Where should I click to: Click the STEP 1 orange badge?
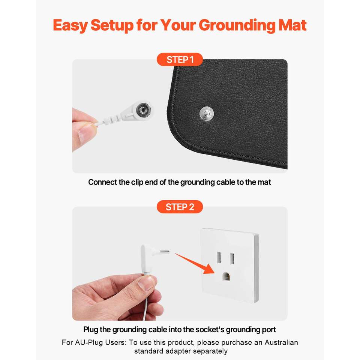[180, 60]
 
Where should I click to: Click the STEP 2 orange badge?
[180, 207]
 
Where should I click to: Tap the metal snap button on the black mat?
[207, 113]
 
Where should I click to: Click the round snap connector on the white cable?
[143, 110]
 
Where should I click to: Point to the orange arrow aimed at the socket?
[195, 263]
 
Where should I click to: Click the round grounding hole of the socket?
[226, 277]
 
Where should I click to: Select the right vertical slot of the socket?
[232, 258]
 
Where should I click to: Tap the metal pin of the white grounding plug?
[165, 252]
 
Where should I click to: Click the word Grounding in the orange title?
[237, 25]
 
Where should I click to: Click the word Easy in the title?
[70, 25]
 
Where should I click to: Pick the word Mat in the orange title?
[292, 25]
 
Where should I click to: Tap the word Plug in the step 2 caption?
[91, 330]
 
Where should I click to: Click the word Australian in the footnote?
[281, 342]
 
